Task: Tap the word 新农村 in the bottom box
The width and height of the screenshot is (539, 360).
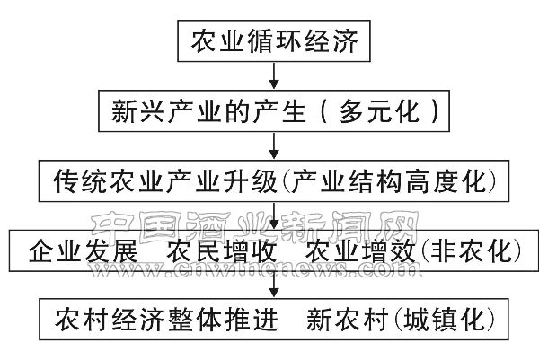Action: point(342,320)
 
